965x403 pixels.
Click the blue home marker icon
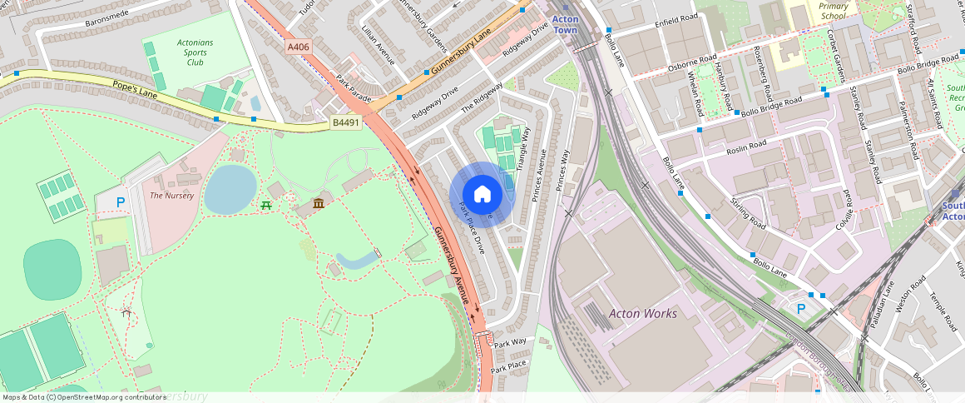pos(482,194)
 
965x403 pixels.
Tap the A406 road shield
pos(299,47)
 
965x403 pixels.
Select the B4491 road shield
pos(345,123)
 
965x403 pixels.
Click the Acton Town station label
pos(565,25)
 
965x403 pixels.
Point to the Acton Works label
pos(643,314)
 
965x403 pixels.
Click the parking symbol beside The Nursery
pos(121,201)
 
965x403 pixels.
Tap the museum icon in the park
pos(318,204)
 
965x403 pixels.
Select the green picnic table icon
pos(266,204)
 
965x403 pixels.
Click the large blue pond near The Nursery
pos(230,188)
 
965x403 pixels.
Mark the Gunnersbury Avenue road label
pos(450,266)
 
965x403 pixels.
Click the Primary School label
pos(833,11)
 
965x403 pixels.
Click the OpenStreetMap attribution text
pos(84,397)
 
